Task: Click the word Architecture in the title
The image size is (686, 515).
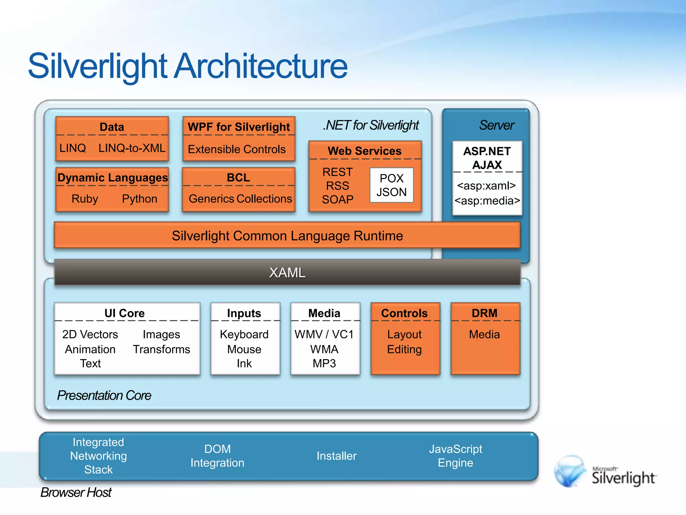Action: (x=261, y=66)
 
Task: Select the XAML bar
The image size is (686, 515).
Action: (x=287, y=272)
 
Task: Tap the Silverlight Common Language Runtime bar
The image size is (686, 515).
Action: (x=287, y=236)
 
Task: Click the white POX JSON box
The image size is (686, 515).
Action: (x=391, y=185)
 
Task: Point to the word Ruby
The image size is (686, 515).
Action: (x=85, y=199)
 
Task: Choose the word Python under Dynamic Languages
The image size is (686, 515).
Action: (x=139, y=199)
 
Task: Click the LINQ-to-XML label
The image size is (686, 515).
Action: (x=132, y=148)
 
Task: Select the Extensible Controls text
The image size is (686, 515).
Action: (x=236, y=149)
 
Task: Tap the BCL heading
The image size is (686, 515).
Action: (x=238, y=177)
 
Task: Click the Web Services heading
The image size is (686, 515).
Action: (x=364, y=151)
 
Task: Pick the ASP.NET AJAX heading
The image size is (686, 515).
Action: (x=487, y=158)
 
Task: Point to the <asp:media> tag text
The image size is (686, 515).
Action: (x=487, y=201)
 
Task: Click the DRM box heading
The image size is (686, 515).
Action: (x=484, y=313)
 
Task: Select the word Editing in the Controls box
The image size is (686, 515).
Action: (x=404, y=349)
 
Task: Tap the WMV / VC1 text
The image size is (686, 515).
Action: (x=324, y=334)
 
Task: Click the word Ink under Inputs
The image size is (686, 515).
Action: (x=244, y=363)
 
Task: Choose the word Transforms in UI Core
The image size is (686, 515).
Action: (x=161, y=349)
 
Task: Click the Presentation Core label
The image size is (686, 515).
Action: (x=104, y=395)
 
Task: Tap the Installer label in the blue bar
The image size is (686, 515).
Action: (x=336, y=456)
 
